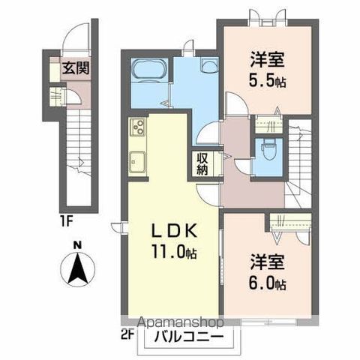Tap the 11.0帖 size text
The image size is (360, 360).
[x=177, y=253]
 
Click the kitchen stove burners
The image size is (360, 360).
[x=138, y=130]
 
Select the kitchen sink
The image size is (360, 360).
[x=138, y=160]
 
